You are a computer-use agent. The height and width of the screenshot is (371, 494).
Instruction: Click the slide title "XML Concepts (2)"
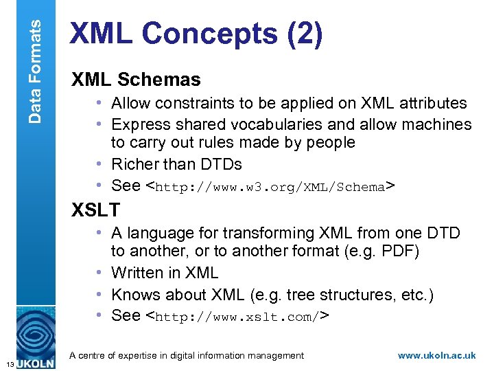point(196,36)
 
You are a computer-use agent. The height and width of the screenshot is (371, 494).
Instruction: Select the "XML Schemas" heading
point(136,80)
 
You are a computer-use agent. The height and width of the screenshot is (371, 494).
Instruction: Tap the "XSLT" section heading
point(95,210)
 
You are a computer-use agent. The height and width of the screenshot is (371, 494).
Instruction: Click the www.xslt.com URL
point(236,317)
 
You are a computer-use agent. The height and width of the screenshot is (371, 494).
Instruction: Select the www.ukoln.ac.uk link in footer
point(436,356)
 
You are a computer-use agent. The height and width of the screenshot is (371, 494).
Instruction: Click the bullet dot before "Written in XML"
point(102,273)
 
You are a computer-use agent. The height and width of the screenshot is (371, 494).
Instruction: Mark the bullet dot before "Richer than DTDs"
point(102,165)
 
